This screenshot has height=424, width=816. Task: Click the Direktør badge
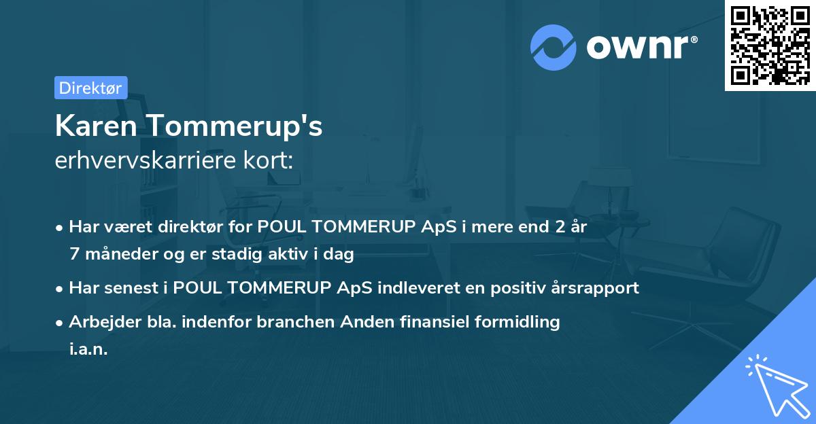pos(90,88)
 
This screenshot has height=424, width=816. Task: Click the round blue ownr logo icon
pos(554,48)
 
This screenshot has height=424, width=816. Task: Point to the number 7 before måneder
pos(74,254)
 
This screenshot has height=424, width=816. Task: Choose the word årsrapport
pos(598,287)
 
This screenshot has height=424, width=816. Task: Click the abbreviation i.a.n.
pos(88,349)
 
